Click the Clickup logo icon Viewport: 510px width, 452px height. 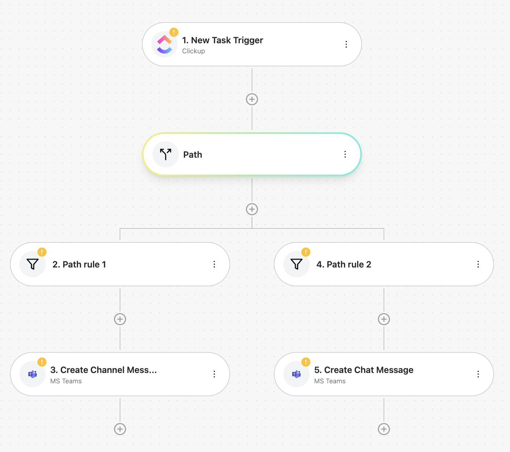point(165,44)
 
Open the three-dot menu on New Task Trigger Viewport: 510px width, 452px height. point(346,44)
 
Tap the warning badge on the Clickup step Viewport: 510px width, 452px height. point(174,32)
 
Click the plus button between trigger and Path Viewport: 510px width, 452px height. point(252,99)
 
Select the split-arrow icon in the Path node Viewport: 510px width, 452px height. point(166,154)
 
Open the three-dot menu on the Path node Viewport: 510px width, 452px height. point(345,154)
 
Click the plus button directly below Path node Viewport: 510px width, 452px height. point(252,209)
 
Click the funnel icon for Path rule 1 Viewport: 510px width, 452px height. point(33,264)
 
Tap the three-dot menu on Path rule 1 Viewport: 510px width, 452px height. point(214,264)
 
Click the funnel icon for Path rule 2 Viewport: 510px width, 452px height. point(296,264)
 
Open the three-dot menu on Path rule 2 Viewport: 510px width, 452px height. point(478,264)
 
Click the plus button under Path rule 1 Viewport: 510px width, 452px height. point(120,319)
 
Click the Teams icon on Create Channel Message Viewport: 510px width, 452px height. point(33,374)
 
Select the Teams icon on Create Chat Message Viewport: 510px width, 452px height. point(296,374)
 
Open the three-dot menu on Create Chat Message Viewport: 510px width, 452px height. point(478,374)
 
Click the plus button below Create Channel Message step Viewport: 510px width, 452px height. point(120,429)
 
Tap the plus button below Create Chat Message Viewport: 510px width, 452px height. point(384,429)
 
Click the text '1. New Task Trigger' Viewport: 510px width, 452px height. point(222,40)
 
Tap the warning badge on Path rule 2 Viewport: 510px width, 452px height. point(306,252)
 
